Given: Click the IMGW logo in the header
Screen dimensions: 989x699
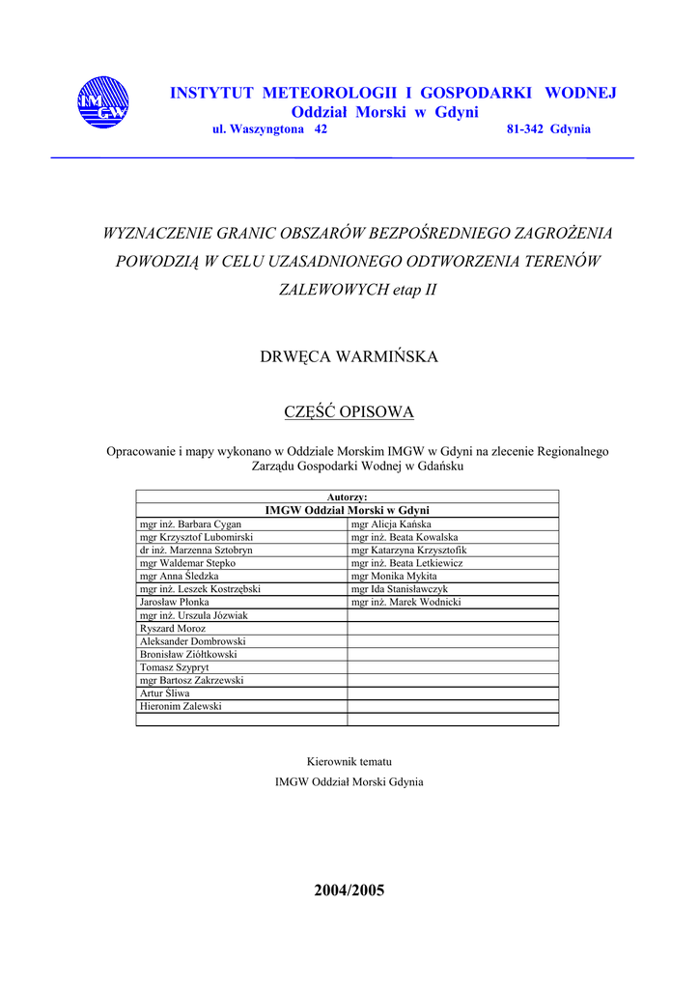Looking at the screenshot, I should click(x=101, y=102).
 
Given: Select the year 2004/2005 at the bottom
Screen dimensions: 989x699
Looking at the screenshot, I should click(x=349, y=890).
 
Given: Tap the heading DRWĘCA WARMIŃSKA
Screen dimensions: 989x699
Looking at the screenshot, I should click(x=349, y=357).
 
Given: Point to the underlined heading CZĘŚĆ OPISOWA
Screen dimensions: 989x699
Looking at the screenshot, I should click(x=349, y=413).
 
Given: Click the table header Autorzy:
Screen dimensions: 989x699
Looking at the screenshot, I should click(x=348, y=497).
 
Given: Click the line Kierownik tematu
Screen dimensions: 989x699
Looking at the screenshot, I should click(x=349, y=762).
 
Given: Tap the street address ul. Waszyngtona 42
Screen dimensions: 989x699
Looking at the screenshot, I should click(x=269, y=129).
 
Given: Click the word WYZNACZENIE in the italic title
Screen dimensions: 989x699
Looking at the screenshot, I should click(x=156, y=233).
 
